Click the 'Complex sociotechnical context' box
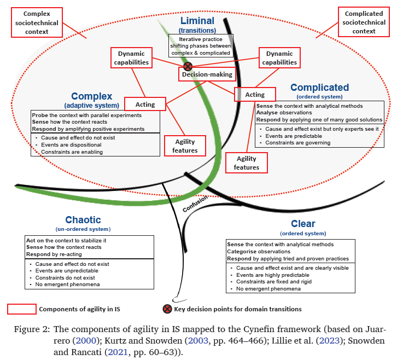click(x=36, y=22)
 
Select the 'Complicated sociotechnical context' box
click(x=364, y=22)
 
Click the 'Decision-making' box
click(x=207, y=74)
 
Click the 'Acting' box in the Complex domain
click(x=145, y=104)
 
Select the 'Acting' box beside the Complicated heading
click(x=254, y=94)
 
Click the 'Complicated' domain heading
click(x=319, y=88)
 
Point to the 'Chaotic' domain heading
click(x=83, y=220)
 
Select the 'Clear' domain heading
click(x=303, y=224)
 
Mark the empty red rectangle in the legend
click(x=21, y=309)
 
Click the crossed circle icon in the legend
click(x=167, y=309)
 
